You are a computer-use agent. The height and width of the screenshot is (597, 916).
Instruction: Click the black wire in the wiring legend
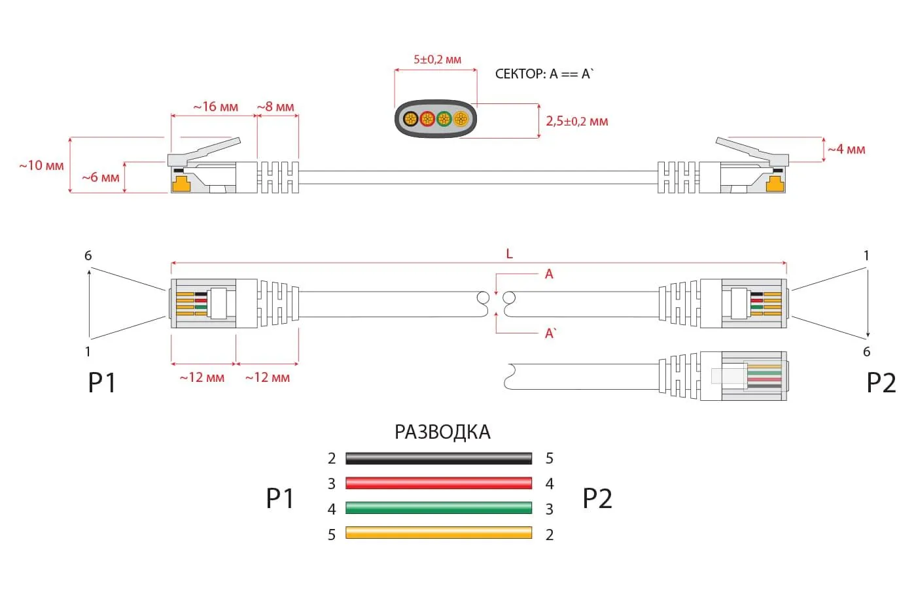438,458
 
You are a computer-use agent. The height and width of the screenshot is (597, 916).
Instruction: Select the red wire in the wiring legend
438,483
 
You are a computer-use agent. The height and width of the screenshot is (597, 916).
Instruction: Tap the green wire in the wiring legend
438,508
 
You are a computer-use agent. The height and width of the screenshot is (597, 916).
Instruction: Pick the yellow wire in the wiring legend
438,533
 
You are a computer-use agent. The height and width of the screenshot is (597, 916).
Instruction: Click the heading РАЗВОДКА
442,432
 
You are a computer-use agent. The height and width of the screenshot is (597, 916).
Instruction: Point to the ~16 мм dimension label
215,107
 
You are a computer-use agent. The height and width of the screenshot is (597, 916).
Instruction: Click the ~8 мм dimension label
275,107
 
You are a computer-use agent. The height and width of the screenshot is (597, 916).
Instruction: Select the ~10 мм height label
41,165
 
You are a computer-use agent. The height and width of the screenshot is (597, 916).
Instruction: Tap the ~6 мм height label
100,177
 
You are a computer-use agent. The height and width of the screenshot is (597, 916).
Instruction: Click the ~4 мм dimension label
846,149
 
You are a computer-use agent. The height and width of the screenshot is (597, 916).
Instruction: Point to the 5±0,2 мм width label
437,60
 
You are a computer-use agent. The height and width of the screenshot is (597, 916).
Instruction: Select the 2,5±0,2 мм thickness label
576,121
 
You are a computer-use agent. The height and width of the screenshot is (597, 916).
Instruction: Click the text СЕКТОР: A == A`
544,74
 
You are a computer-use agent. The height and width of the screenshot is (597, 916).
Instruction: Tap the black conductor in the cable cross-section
410,119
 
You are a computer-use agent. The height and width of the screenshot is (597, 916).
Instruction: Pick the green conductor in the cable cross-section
444,119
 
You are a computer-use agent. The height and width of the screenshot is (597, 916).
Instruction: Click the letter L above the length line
509,254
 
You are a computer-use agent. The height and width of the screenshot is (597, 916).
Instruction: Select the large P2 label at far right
881,383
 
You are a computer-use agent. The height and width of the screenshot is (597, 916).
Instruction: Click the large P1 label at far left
102,383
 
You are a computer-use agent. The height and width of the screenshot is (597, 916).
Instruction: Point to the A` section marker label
550,333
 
